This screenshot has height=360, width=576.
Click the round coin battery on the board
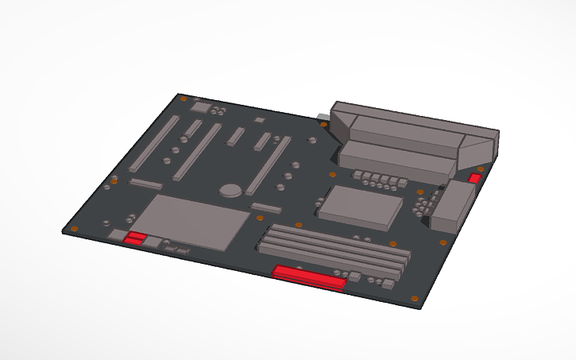pyautogui.click(x=230, y=191)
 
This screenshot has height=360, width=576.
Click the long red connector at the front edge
pyautogui.click(x=309, y=277)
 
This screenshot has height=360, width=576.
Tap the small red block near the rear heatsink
pyautogui.click(x=476, y=177)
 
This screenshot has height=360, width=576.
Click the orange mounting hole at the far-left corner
pyautogui.click(x=74, y=230)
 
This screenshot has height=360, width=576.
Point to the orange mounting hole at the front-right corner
pyautogui.click(x=416, y=297)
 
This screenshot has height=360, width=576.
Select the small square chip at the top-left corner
pyautogui.click(x=201, y=106)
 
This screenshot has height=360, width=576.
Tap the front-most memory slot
pyautogui.click(x=330, y=261)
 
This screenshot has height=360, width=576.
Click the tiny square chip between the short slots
pyautogui.click(x=257, y=119)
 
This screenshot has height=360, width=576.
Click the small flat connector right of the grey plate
pyautogui.click(x=267, y=208)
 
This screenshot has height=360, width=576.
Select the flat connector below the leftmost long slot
pyautogui.click(x=145, y=184)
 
